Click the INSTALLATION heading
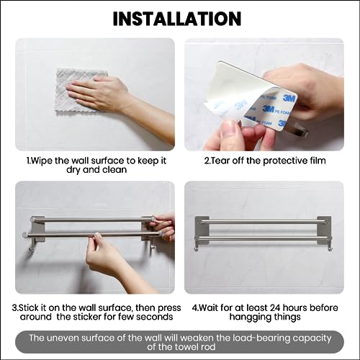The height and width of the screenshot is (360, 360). (177, 19)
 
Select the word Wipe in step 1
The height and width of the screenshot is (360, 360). (42, 161)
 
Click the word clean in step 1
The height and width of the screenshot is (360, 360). (114, 170)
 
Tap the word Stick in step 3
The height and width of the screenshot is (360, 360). (29, 307)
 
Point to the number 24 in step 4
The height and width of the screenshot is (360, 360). (276, 307)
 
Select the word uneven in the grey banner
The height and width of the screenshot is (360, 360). (63, 338)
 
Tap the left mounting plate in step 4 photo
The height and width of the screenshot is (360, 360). (202, 230)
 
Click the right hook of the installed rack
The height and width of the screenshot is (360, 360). (330, 247)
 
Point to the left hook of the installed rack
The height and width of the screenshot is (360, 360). (197, 247)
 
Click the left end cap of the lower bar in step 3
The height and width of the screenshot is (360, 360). (25, 235)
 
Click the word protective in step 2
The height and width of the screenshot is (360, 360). (284, 161)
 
